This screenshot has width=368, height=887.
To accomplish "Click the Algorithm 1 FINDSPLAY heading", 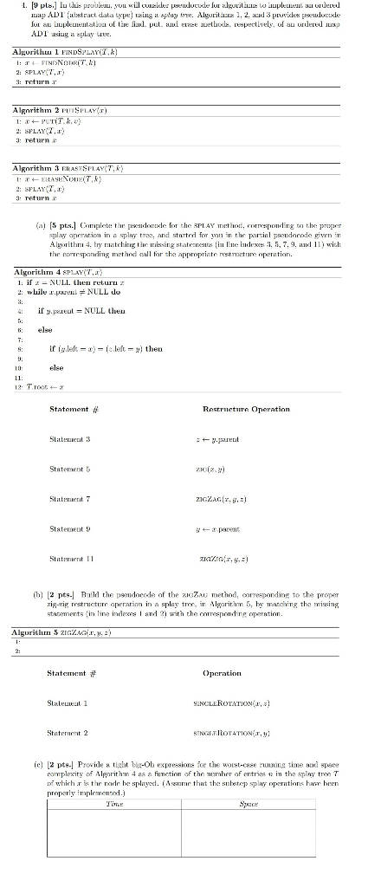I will (x=53, y=54).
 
